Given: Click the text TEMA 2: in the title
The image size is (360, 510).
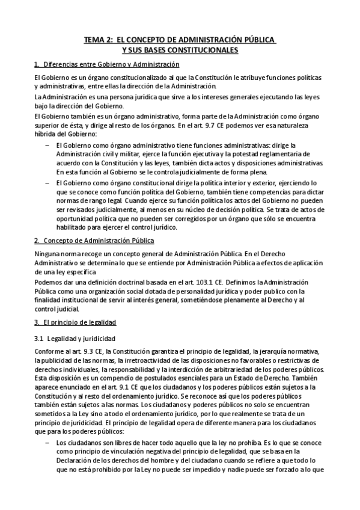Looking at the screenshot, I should pyautogui.click(x=97, y=40).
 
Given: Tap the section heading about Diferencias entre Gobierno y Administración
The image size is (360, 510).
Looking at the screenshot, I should pyautogui.click(x=106, y=64).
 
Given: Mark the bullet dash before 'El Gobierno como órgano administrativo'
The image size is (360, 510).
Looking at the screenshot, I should pyautogui.click(x=48, y=145).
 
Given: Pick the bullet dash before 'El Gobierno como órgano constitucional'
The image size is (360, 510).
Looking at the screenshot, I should pyautogui.click(x=48, y=182).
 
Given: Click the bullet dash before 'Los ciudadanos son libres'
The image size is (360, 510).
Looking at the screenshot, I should pyautogui.click(x=48, y=442).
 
